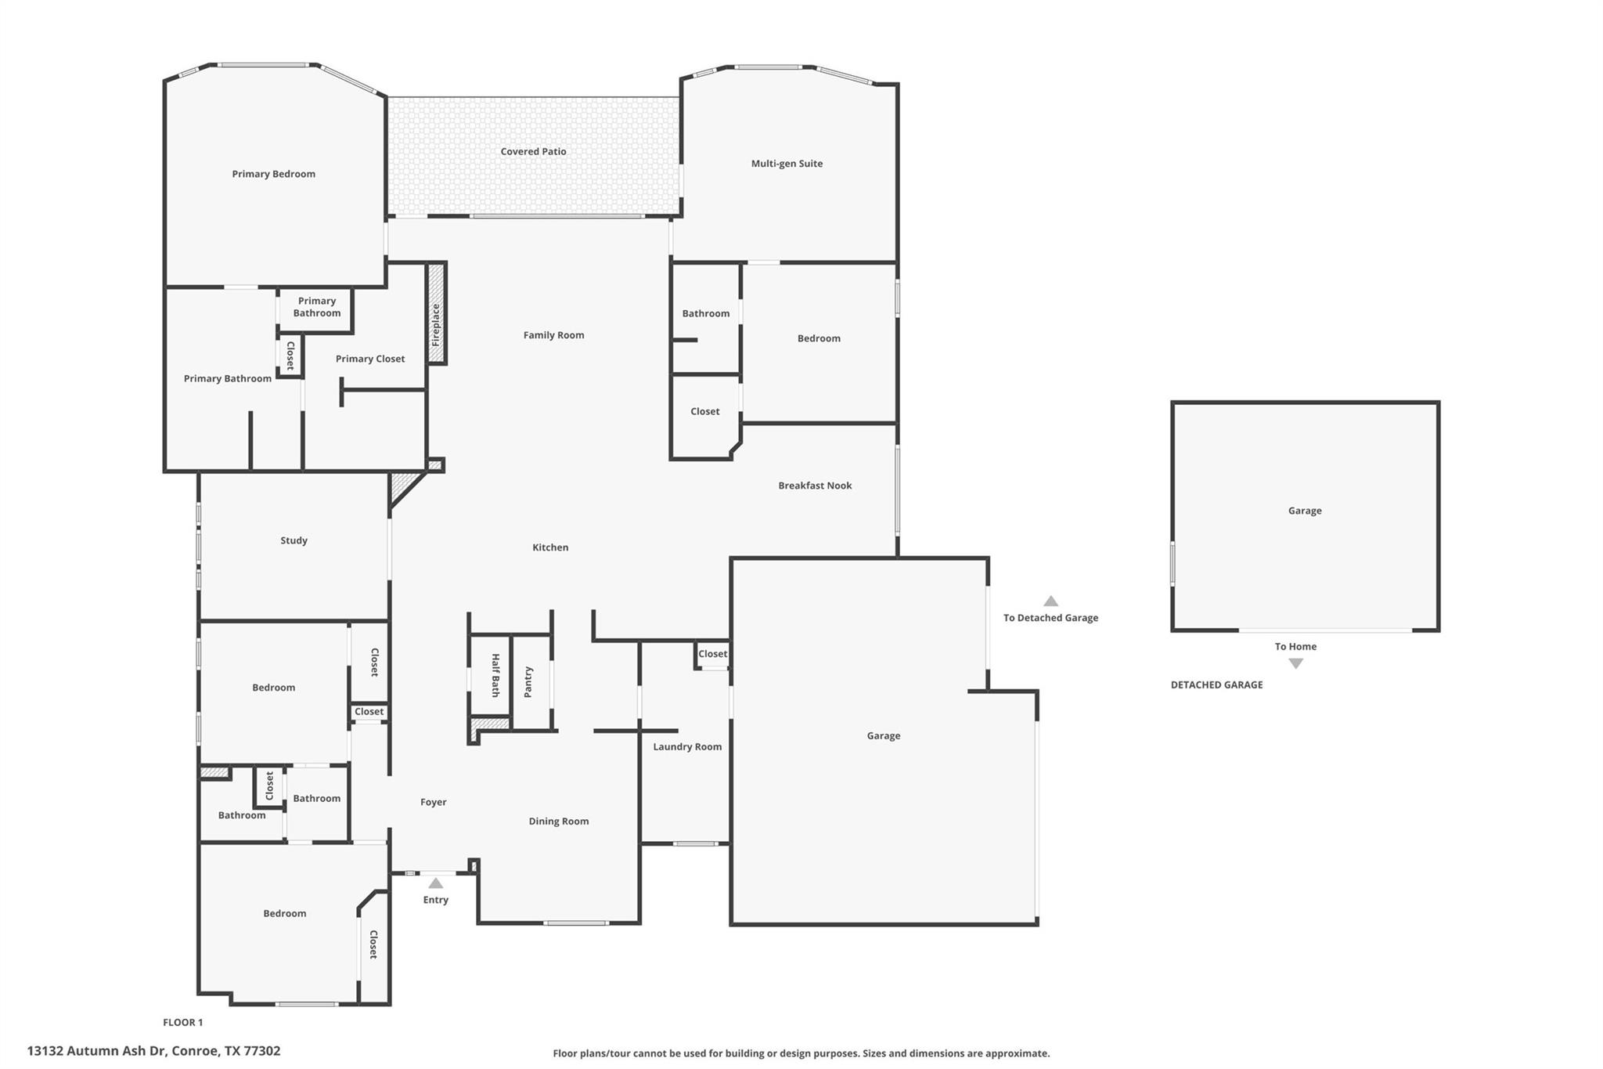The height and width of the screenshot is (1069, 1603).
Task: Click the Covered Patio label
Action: [x=533, y=152]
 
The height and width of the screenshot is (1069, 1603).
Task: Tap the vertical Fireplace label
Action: [x=437, y=325]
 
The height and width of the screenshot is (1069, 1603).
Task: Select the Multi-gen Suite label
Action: [x=787, y=164]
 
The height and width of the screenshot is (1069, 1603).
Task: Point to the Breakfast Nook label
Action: [x=815, y=486]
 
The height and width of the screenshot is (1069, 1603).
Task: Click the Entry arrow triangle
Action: [x=436, y=883]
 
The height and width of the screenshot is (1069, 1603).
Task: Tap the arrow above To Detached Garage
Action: [x=1050, y=601]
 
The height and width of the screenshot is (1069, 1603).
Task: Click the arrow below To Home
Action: [x=1295, y=663]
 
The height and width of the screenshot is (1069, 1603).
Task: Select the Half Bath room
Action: [x=491, y=675]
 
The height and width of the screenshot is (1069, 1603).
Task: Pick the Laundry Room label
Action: [x=687, y=747]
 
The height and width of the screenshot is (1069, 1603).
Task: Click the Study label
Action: [x=294, y=540]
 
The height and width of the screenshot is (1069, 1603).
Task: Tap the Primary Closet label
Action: [x=370, y=359]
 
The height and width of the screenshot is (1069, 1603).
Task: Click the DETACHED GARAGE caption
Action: [x=1216, y=684]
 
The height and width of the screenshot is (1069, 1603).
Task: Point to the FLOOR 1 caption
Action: [x=182, y=1022]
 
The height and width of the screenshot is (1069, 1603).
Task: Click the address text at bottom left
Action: [x=153, y=1051]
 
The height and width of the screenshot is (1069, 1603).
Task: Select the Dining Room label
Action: [x=558, y=822]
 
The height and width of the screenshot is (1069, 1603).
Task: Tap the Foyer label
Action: [x=433, y=802]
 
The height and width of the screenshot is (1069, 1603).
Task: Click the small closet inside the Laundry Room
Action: [x=712, y=654]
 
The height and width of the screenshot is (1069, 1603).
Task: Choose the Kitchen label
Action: [x=550, y=547]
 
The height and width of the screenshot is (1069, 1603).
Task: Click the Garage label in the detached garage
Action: [x=1304, y=511]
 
